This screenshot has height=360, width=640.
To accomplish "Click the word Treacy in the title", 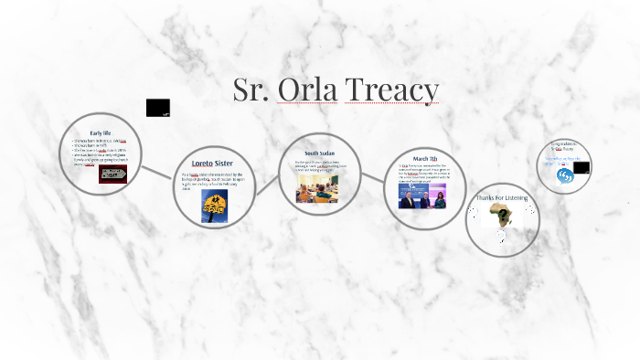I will point(398,90).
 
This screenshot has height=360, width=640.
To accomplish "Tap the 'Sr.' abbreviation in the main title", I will point(253,90).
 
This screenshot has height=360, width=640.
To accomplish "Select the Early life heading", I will point(101,132).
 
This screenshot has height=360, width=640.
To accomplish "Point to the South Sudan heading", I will point(319,153).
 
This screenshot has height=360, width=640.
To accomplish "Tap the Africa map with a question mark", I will point(500,217).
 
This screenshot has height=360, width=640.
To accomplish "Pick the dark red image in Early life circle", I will point(112,174).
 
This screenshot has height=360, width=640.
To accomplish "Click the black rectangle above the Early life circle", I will point(158,107).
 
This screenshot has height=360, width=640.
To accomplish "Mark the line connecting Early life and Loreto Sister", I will point(156,170).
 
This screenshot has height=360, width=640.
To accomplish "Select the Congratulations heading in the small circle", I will point(564,144).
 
